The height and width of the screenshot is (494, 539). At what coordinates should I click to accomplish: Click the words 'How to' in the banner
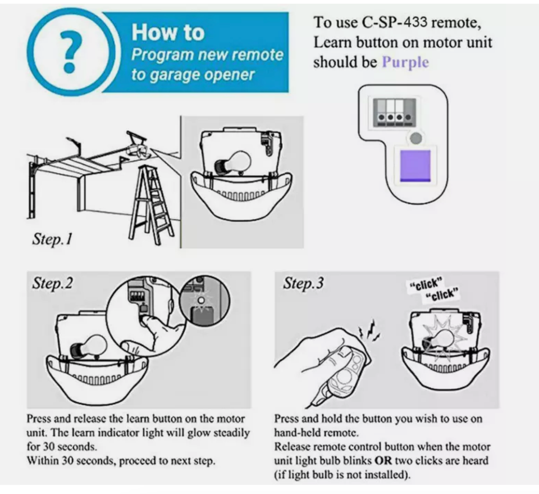tap(167, 32)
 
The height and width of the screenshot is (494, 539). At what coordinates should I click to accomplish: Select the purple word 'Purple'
tap(405, 62)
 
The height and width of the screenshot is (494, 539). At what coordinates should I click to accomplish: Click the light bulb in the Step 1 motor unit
tap(231, 162)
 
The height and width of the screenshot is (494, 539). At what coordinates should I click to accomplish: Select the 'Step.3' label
tap(303, 283)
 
